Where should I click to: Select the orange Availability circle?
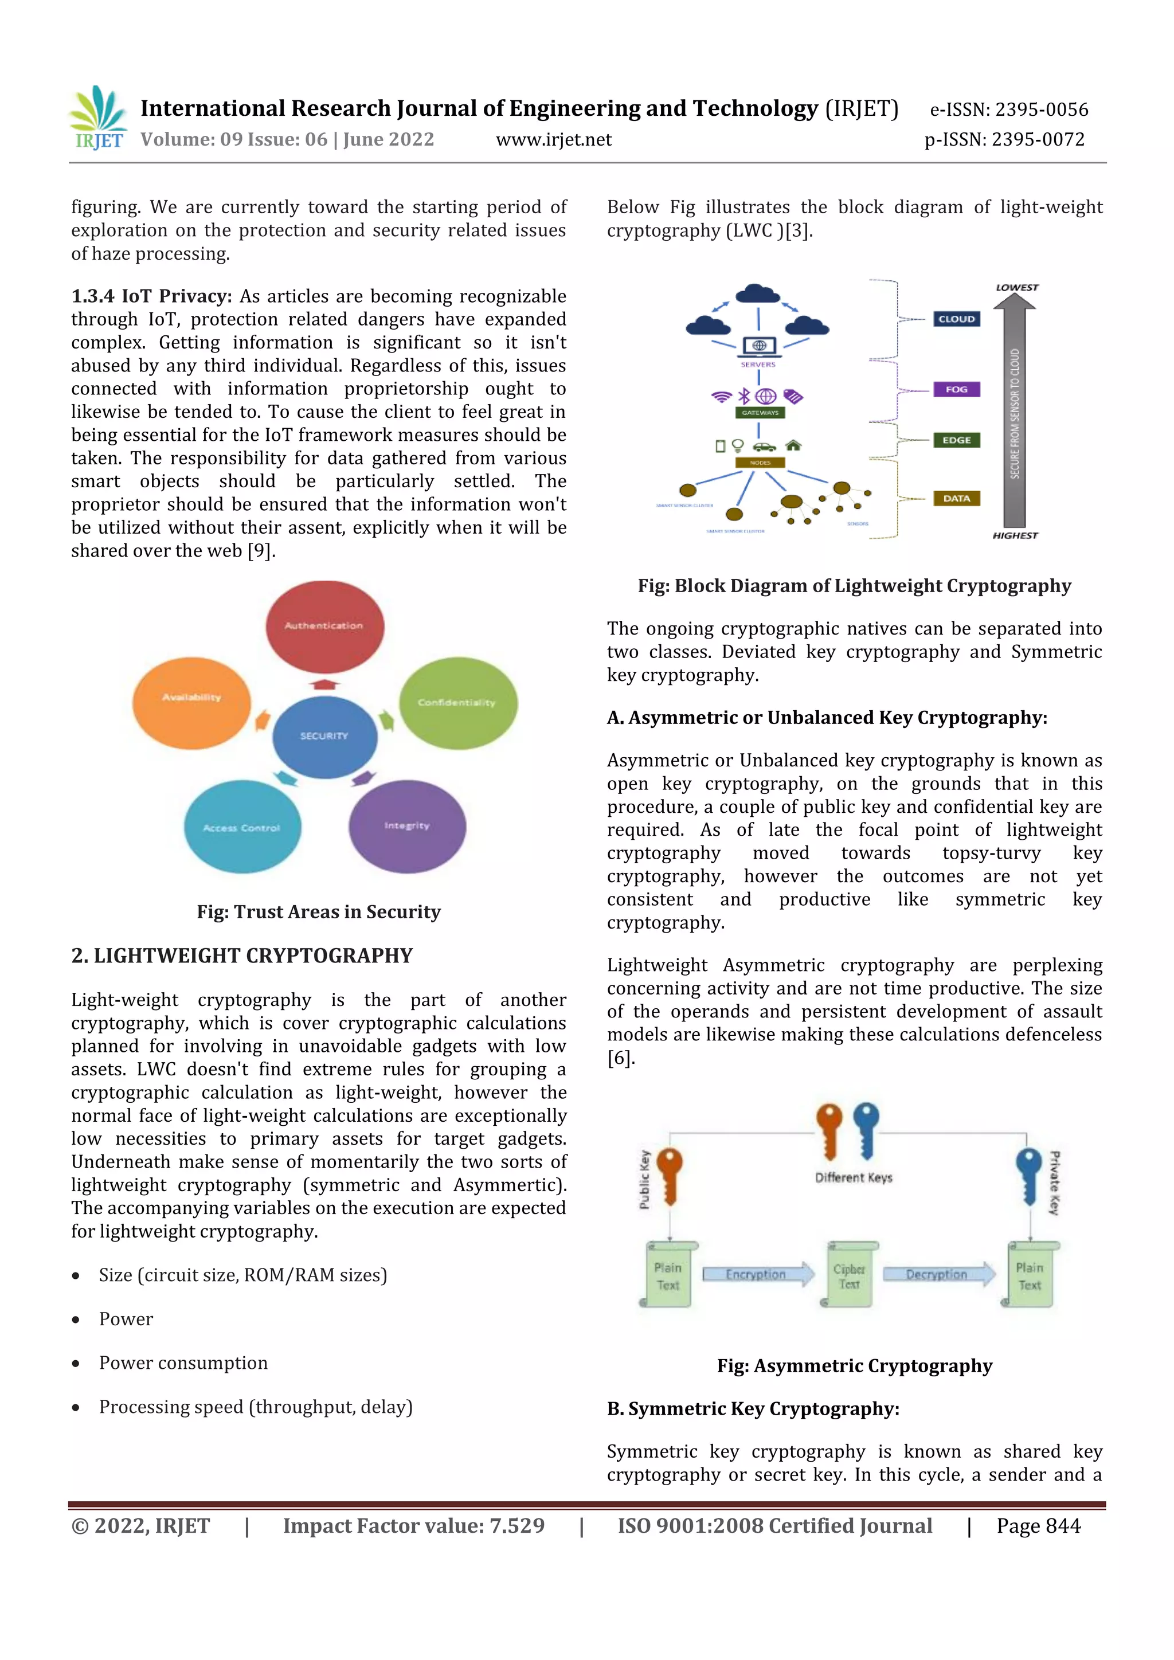tap(191, 702)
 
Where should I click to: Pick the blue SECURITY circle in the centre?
tap(324, 737)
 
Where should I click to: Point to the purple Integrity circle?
tap(407, 827)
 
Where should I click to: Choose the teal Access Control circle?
tap(242, 827)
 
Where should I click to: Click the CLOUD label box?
tap(956, 319)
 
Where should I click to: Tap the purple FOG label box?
tap(956, 390)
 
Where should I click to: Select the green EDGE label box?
tap(956, 440)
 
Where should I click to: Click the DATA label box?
tap(956, 498)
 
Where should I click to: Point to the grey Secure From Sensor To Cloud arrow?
tap(1015, 412)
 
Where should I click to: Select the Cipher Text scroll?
tap(850, 1275)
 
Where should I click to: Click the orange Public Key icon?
tap(670, 1176)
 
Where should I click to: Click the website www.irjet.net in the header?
tap(554, 139)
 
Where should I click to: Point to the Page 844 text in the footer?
tap(1038, 1525)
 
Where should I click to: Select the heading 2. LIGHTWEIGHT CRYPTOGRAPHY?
tap(242, 956)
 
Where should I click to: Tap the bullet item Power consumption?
tap(183, 1363)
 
